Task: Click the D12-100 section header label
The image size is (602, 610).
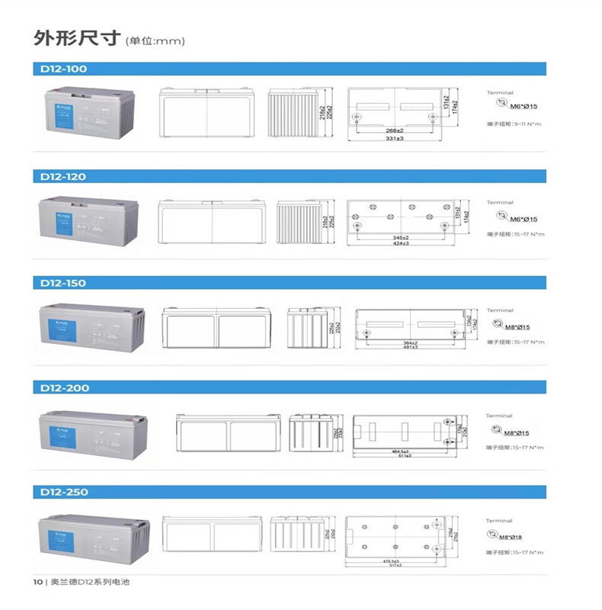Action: click(64, 69)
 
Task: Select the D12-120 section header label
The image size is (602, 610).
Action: click(64, 176)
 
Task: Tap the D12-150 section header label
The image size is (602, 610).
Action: click(64, 283)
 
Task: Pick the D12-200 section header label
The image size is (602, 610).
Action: click(64, 388)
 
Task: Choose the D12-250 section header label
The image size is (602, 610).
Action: click(64, 493)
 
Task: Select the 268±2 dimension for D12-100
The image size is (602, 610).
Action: click(394, 132)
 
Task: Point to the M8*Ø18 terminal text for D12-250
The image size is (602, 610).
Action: click(517, 536)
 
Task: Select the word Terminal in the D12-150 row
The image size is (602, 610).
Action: click(500, 311)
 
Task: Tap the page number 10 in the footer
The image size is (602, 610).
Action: click(37, 583)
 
